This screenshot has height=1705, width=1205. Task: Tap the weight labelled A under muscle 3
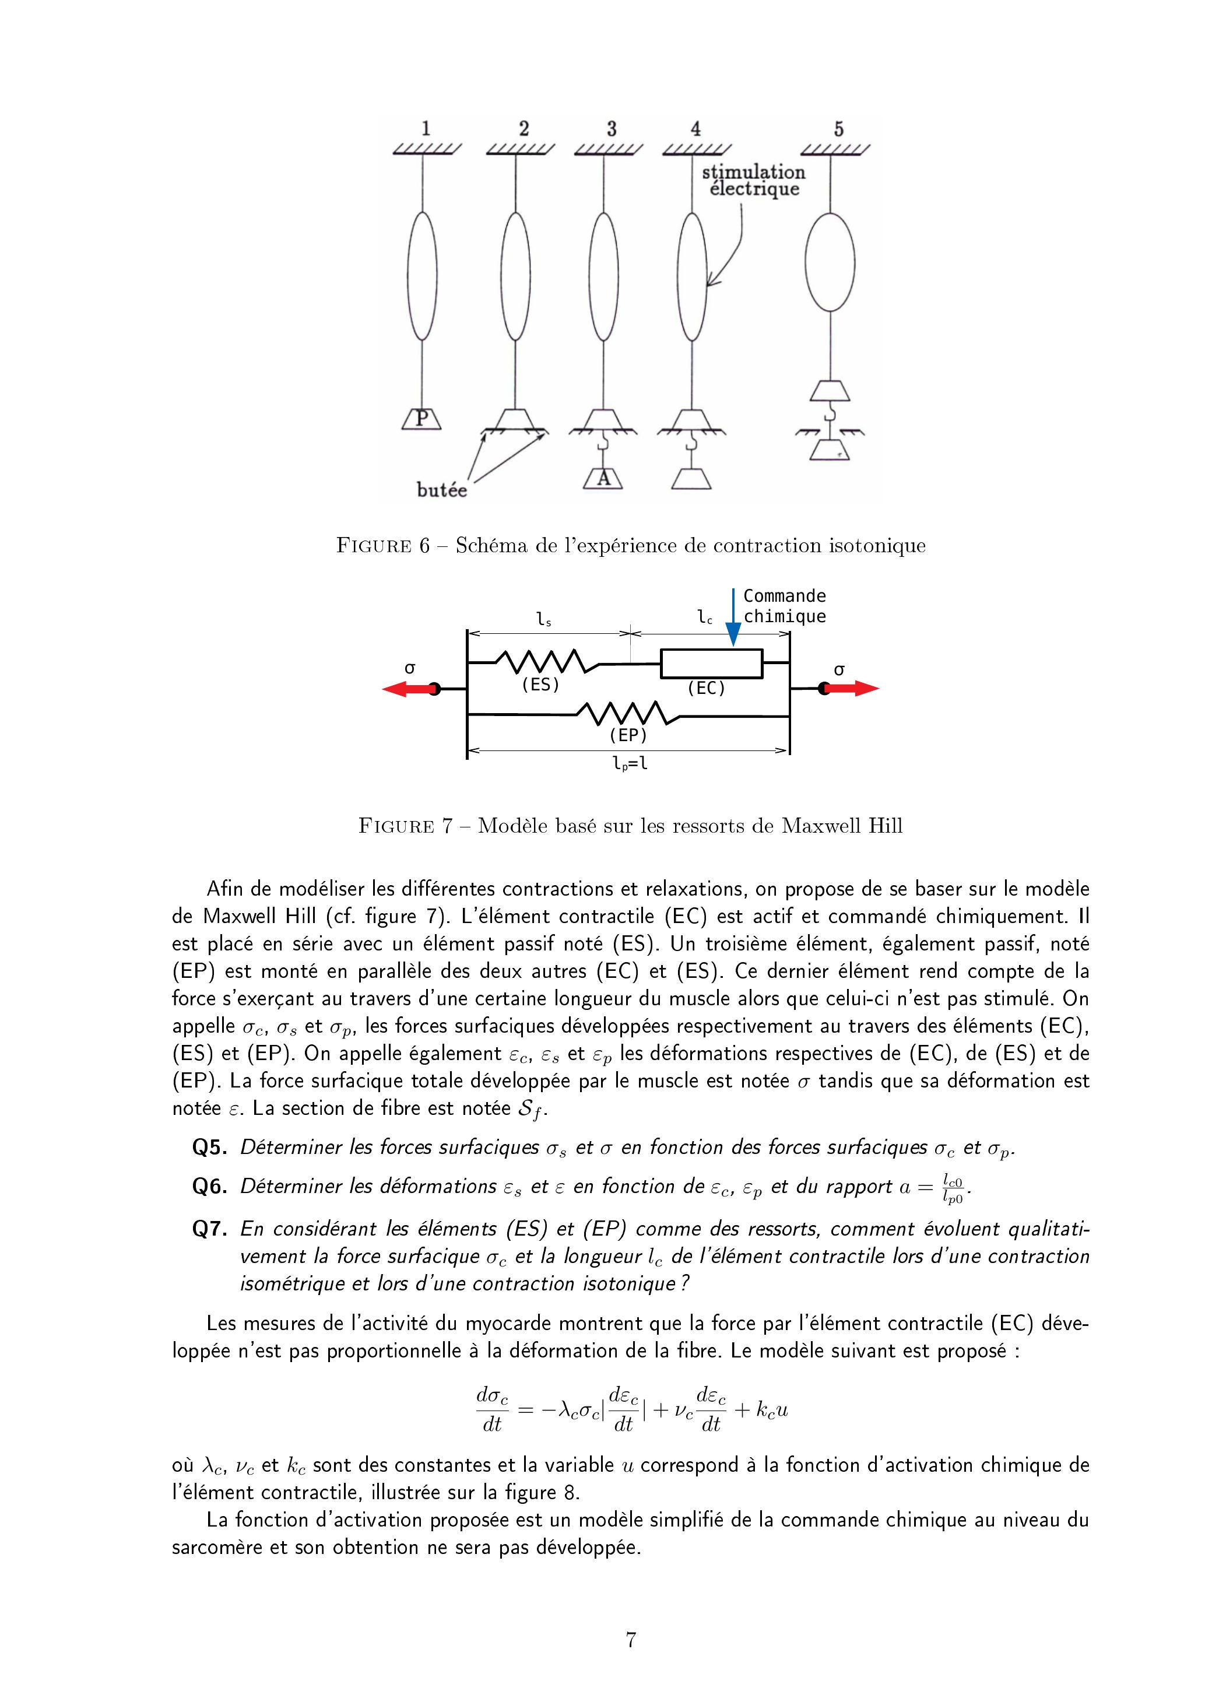pyautogui.click(x=603, y=479)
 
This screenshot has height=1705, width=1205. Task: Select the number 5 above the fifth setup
pyautogui.click(x=838, y=129)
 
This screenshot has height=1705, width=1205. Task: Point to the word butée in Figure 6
pyautogui.click(x=442, y=490)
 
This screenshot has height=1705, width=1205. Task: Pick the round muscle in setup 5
pyautogui.click(x=830, y=262)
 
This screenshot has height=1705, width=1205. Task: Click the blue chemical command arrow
pyautogui.click(x=733, y=616)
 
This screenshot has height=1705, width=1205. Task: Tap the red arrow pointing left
pyautogui.click(x=407, y=689)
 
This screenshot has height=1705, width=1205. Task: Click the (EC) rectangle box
pyautogui.click(x=711, y=663)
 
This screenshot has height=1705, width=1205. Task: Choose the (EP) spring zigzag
pyautogui.click(x=628, y=714)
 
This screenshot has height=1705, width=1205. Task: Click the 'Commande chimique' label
pyautogui.click(x=784, y=606)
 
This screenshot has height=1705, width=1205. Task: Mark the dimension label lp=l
pyautogui.click(x=629, y=763)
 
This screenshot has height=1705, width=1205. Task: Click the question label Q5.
pyautogui.click(x=209, y=1148)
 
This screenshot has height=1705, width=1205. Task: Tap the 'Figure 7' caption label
pyautogui.click(x=405, y=826)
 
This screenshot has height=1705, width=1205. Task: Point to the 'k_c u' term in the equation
pyautogui.click(x=772, y=1409)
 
